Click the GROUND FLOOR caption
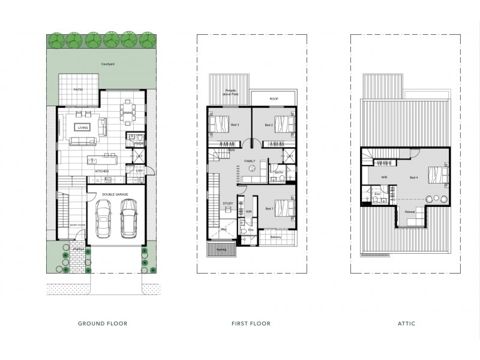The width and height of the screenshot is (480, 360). tap(102, 324)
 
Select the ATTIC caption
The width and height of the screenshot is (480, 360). tap(406, 324)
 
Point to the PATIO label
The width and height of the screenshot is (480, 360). tap(78, 89)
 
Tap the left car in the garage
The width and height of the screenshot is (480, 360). tap(103, 220)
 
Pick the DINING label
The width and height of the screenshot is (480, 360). tap(127, 113)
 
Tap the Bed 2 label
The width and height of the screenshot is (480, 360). tap(269, 125)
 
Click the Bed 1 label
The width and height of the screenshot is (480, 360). tap(269, 208)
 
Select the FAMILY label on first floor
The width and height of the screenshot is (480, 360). tap(250, 161)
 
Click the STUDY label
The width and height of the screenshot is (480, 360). tap(227, 204)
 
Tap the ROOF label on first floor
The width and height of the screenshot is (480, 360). tap(274, 98)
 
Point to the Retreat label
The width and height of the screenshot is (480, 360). tap(410, 212)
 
